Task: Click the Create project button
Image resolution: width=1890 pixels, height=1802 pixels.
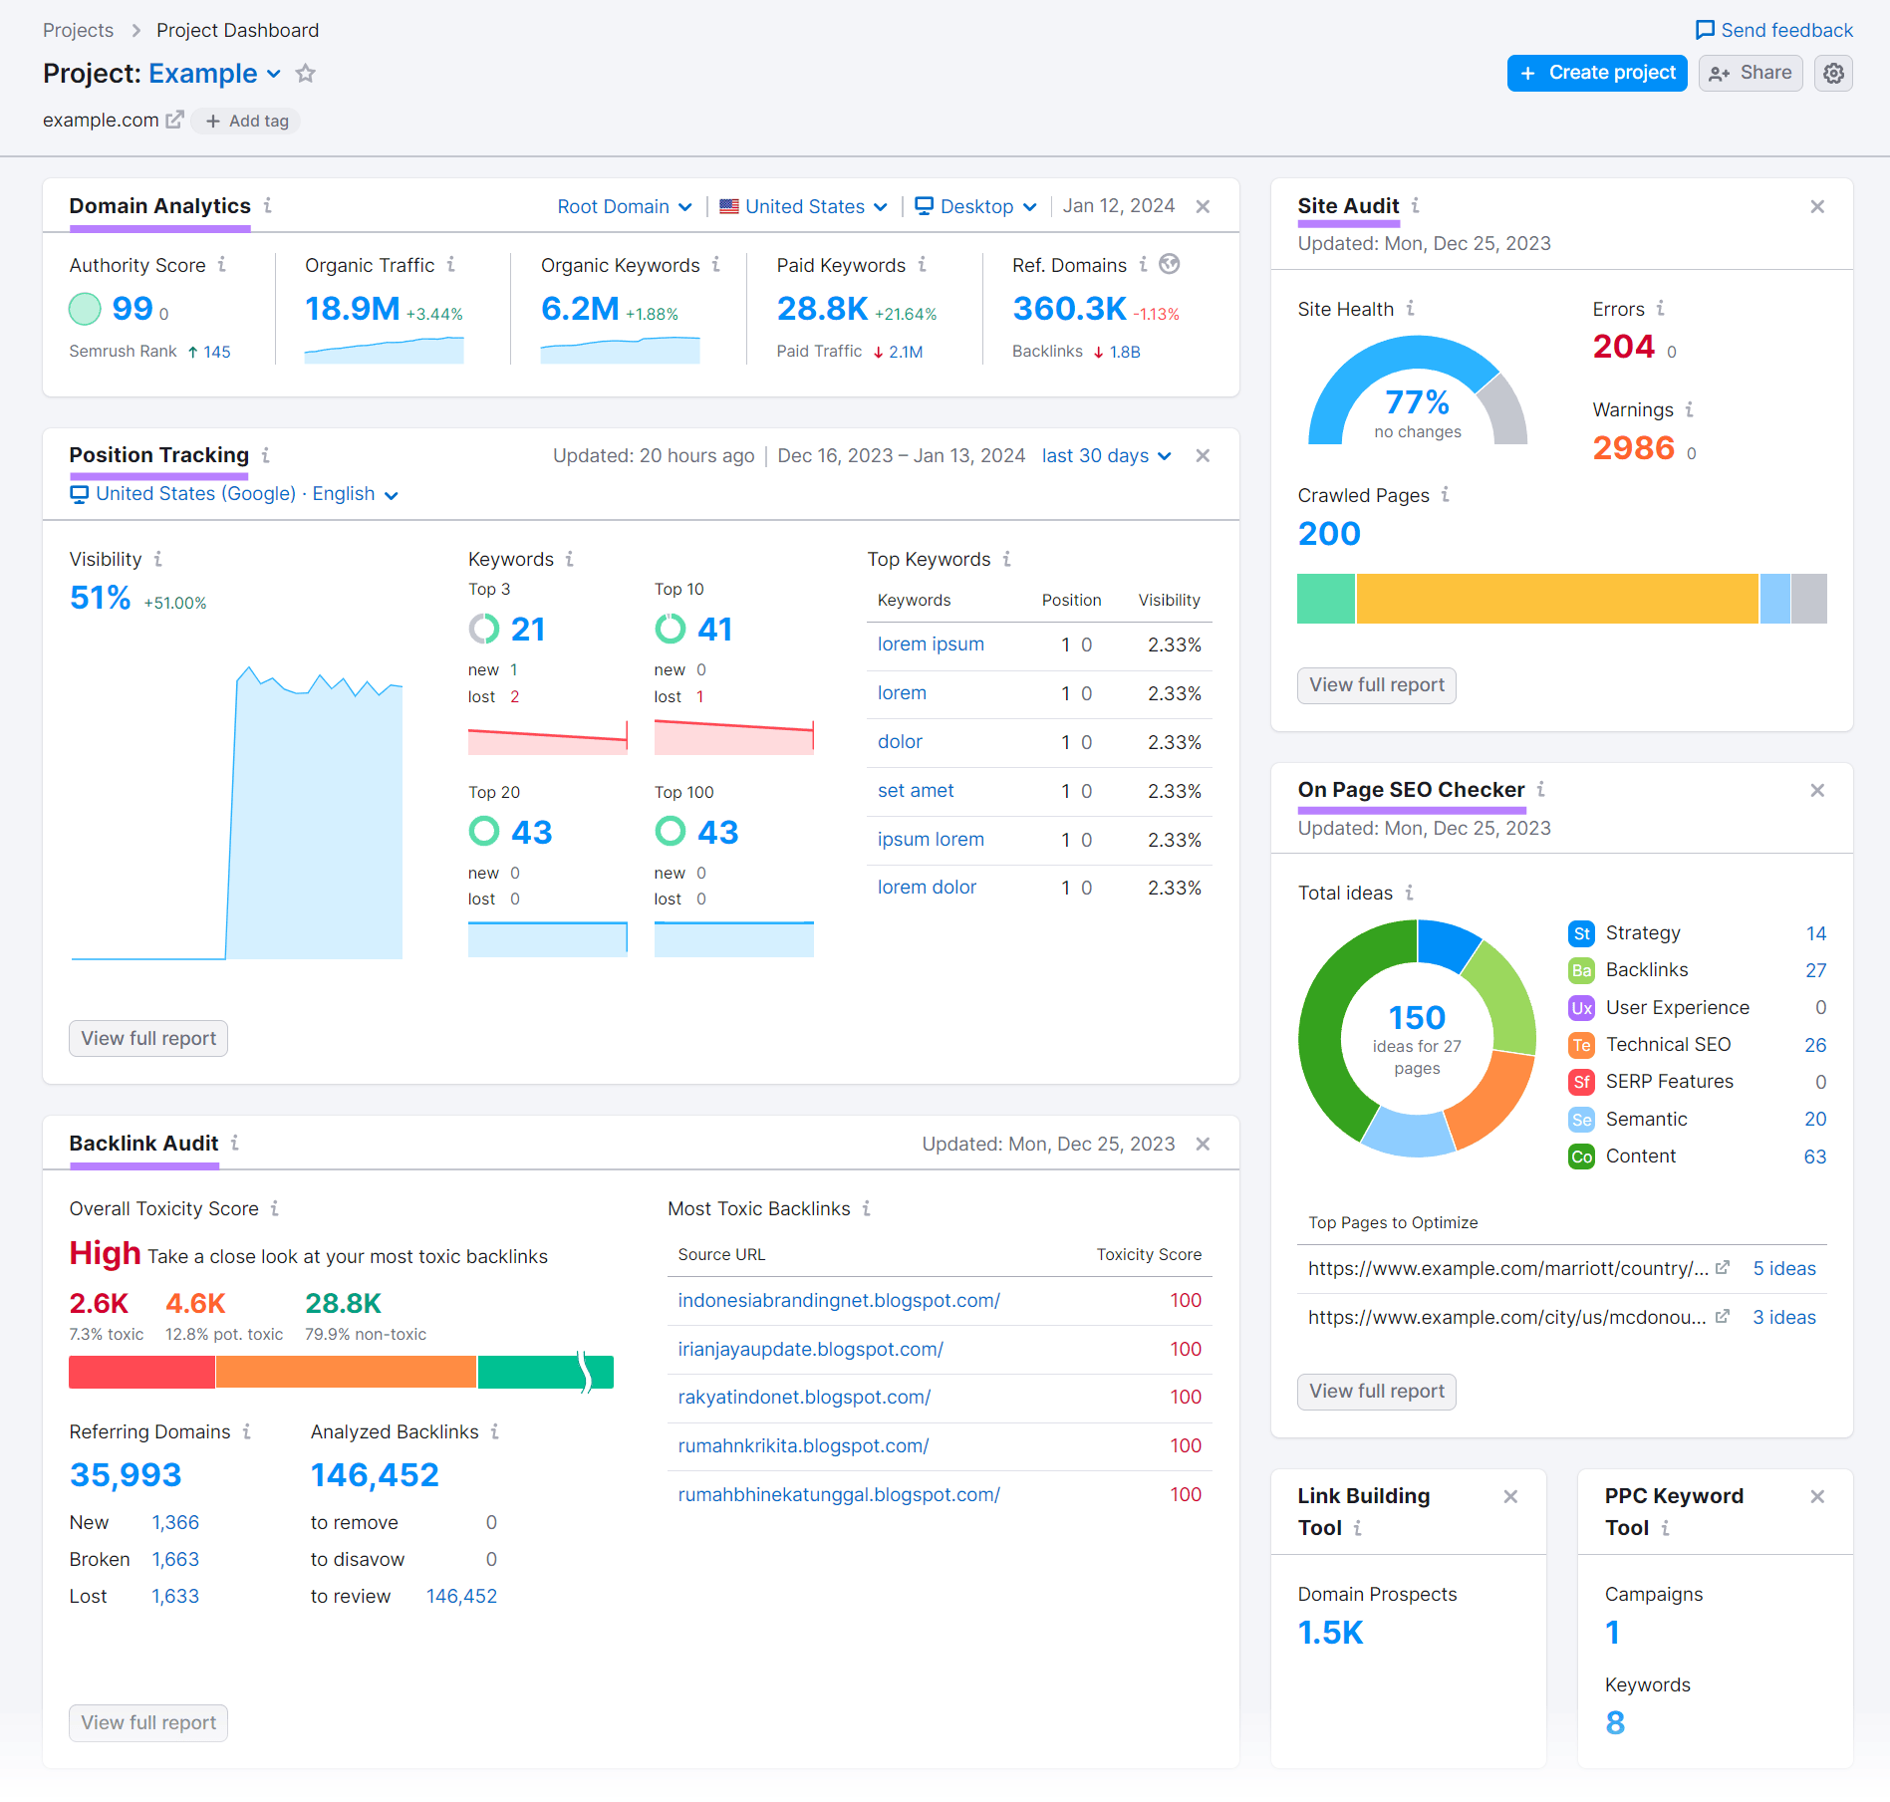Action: pyautogui.click(x=1596, y=73)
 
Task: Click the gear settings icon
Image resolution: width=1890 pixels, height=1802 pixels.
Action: pyautogui.click(x=1833, y=73)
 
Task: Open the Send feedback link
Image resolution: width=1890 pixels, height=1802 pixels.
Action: pyautogui.click(x=1774, y=30)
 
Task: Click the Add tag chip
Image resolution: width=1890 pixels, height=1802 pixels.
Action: pyautogui.click(x=246, y=121)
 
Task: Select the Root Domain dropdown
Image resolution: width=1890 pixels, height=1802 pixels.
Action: pyautogui.click(x=624, y=206)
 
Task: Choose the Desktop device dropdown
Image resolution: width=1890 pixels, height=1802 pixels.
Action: pyautogui.click(x=975, y=206)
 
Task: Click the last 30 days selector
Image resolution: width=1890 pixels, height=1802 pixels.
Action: pyautogui.click(x=1105, y=455)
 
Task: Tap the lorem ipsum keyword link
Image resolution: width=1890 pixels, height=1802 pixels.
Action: pyautogui.click(x=930, y=644)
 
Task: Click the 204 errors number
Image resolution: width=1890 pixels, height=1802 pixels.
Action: pyautogui.click(x=1623, y=347)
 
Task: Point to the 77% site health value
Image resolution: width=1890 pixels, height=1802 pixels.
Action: pyautogui.click(x=1416, y=402)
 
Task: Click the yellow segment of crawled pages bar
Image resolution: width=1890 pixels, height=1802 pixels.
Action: pyautogui.click(x=1556, y=599)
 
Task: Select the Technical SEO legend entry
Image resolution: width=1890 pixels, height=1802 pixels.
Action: pyautogui.click(x=1668, y=1044)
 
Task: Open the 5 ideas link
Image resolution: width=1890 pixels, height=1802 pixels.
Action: pyautogui.click(x=1783, y=1268)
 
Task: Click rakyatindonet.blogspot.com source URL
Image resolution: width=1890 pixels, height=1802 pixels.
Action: pyautogui.click(x=803, y=1397)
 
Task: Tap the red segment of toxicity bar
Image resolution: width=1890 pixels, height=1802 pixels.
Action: pyautogui.click(x=141, y=1372)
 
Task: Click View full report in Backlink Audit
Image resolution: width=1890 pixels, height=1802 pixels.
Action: pyautogui.click(x=148, y=1722)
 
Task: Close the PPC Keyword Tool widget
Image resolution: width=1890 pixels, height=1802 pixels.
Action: pyautogui.click(x=1816, y=1496)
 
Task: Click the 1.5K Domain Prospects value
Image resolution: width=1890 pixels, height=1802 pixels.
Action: pyautogui.click(x=1330, y=1632)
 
